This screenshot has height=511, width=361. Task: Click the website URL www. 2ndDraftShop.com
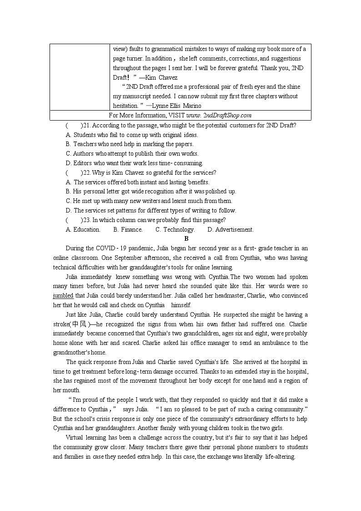(219, 116)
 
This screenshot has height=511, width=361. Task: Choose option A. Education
(83, 229)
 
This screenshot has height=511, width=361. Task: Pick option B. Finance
(128, 229)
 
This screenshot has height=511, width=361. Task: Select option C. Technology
(175, 229)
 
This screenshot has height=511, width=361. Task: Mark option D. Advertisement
(230, 229)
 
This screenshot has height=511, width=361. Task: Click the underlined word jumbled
(63, 296)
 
